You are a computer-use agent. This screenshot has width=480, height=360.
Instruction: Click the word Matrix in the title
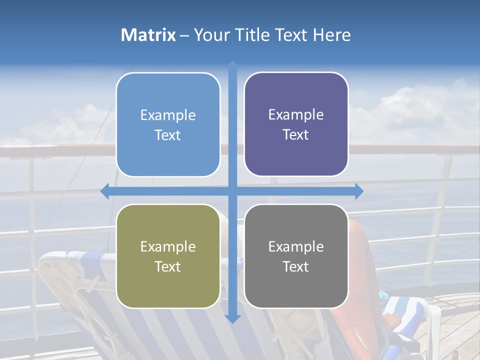(x=148, y=35)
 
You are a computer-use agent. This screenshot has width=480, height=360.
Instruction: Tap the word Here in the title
(x=331, y=35)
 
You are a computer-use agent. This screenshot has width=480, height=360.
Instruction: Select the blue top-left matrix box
(x=168, y=125)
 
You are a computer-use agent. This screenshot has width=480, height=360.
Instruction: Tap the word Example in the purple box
(x=296, y=115)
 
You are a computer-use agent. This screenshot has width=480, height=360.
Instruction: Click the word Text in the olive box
(x=168, y=266)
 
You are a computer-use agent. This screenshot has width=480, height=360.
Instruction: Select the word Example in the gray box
(x=296, y=246)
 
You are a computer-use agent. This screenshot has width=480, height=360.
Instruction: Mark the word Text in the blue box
(x=168, y=135)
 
